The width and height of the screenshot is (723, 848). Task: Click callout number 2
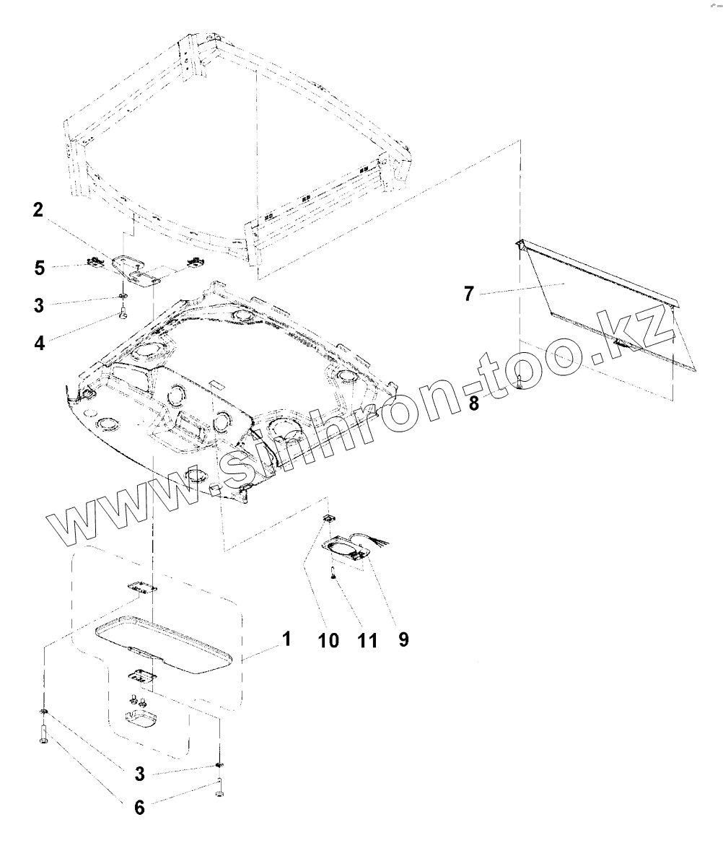[37, 210]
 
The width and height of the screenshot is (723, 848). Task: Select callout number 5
[39, 268]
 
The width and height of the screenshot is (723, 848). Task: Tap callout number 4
[39, 343]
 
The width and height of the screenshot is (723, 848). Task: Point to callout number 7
[469, 295]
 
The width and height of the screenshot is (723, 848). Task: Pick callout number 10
[328, 639]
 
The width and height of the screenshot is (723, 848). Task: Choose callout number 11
[367, 640]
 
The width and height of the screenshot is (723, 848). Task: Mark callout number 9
[403, 639]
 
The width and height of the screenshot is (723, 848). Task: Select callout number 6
[139, 807]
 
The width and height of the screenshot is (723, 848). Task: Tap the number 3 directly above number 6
[139, 774]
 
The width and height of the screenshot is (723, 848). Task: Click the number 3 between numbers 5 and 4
[39, 305]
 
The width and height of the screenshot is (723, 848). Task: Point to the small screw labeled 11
[332, 573]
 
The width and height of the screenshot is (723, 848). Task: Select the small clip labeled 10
[328, 518]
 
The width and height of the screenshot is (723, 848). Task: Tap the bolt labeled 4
[123, 314]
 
